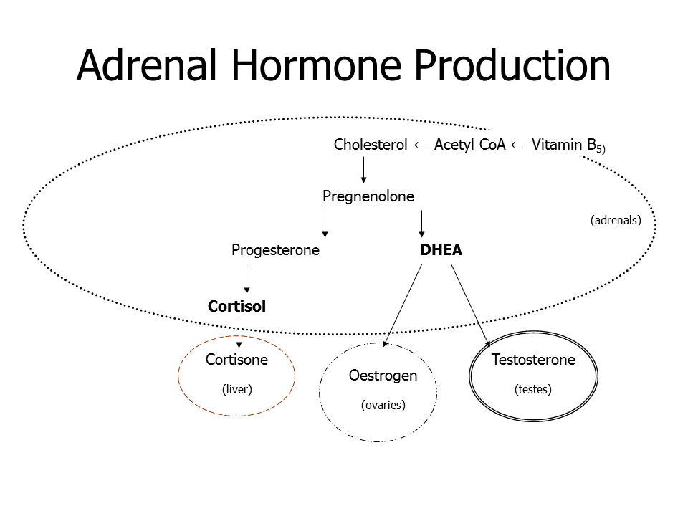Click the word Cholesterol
pyautogui.click(x=371, y=144)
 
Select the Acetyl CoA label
pyautogui.click(x=470, y=144)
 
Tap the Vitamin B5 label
pyautogui.click(x=568, y=145)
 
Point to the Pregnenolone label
pyautogui.click(x=368, y=196)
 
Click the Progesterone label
pyautogui.click(x=275, y=250)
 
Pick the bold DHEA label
pyautogui.click(x=441, y=249)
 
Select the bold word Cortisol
pyautogui.click(x=237, y=306)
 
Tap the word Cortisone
pyautogui.click(x=236, y=360)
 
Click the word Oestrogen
pyautogui.click(x=383, y=376)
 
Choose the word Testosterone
pyautogui.click(x=533, y=360)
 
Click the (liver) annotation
pyautogui.click(x=237, y=389)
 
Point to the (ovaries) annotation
pyautogui.click(x=383, y=405)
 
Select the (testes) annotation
pyautogui.click(x=533, y=389)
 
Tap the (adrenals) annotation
pyautogui.click(x=616, y=220)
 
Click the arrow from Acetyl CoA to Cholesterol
pyautogui.click(x=421, y=145)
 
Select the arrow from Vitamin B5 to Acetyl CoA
pyautogui.click(x=519, y=145)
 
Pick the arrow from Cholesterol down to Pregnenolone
pyautogui.click(x=363, y=170)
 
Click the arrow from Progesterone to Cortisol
pyautogui.click(x=247, y=280)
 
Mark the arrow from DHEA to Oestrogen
pyautogui.click(x=403, y=305)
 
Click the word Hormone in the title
pyautogui.click(x=316, y=65)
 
